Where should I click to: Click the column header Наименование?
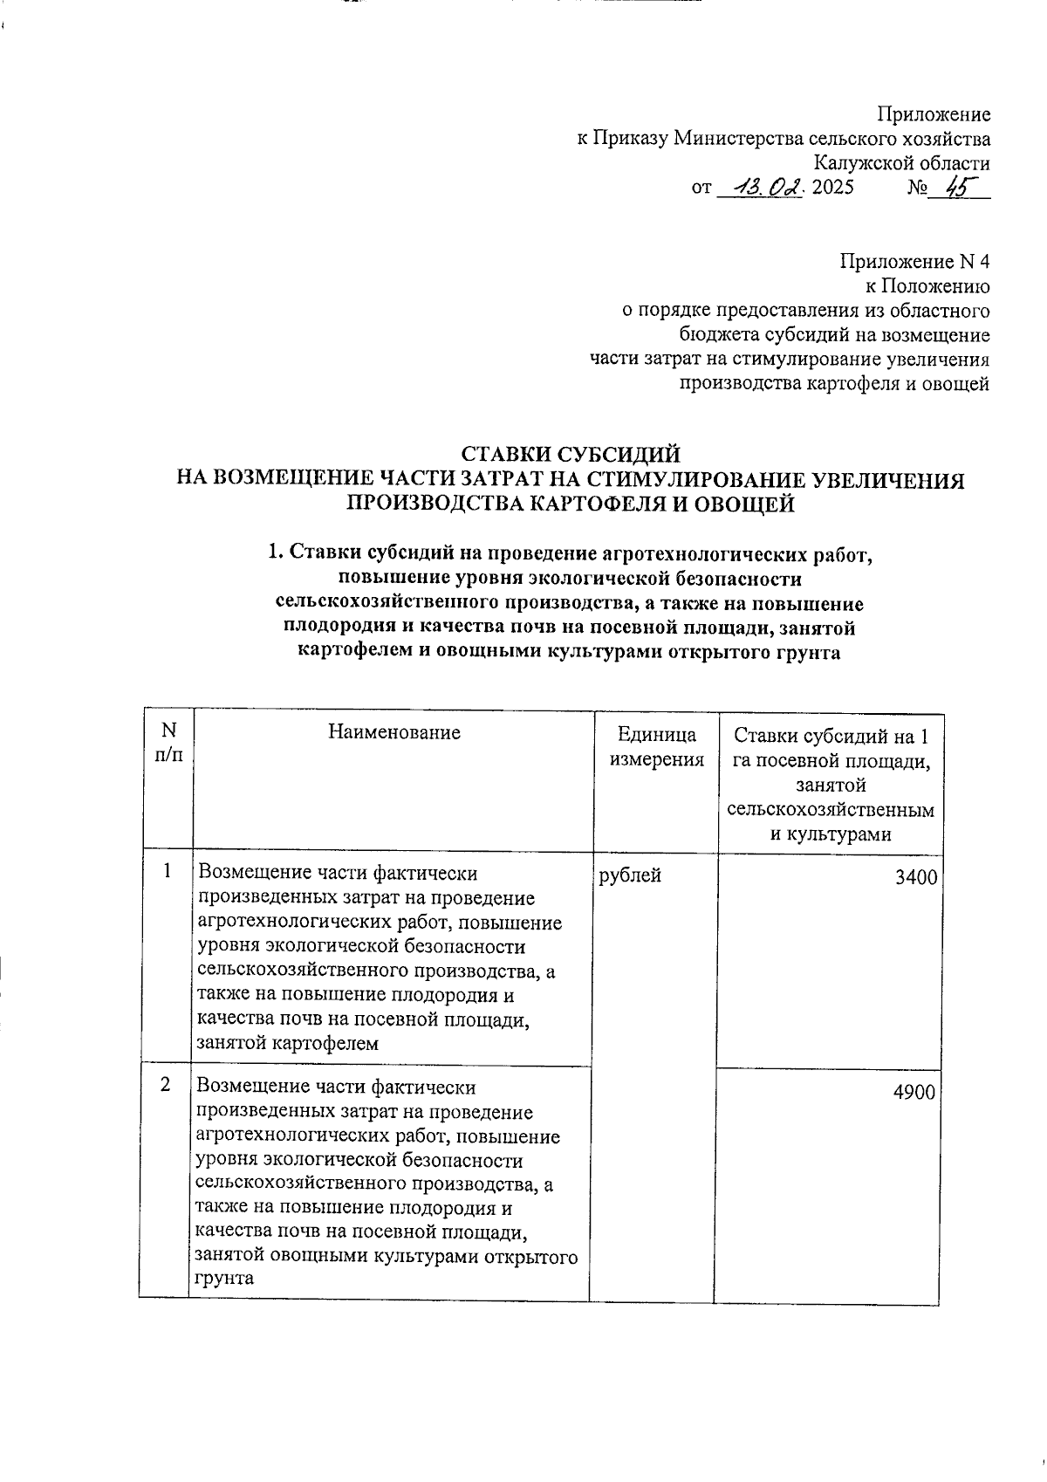pos(393,733)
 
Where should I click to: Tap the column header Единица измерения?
pos(656,747)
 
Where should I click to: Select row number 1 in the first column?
pos(167,871)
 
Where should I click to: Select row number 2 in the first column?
pos(165,1085)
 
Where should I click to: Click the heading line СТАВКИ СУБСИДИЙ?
pos(570,455)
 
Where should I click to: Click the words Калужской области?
pos(901,163)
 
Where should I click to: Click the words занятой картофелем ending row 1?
pos(288,1043)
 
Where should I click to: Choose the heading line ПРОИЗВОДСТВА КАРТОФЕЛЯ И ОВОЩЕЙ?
pos(571,504)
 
